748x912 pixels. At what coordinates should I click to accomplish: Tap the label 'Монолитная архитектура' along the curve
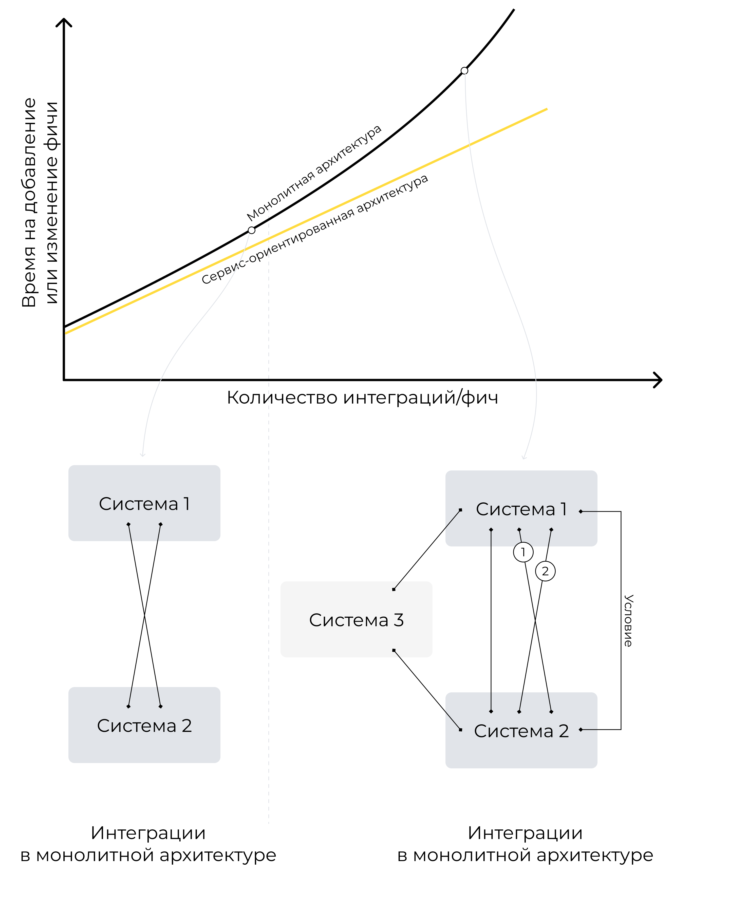[x=314, y=172]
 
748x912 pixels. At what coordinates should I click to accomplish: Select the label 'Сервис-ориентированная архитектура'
[x=314, y=229]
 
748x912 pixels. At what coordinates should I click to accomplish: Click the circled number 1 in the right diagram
[x=523, y=552]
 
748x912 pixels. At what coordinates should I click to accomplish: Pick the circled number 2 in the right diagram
[x=545, y=571]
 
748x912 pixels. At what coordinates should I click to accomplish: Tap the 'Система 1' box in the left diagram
[x=144, y=503]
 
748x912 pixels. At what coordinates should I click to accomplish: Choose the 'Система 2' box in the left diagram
[x=144, y=725]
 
